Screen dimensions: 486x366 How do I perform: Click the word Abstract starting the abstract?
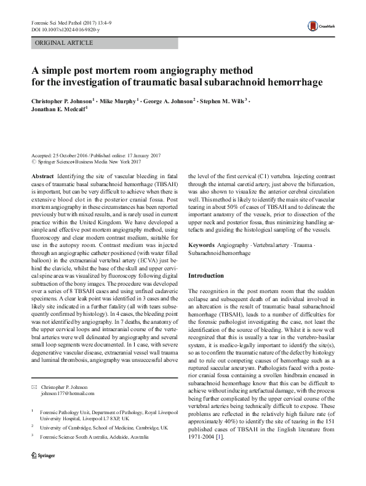(x=42, y=176)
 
